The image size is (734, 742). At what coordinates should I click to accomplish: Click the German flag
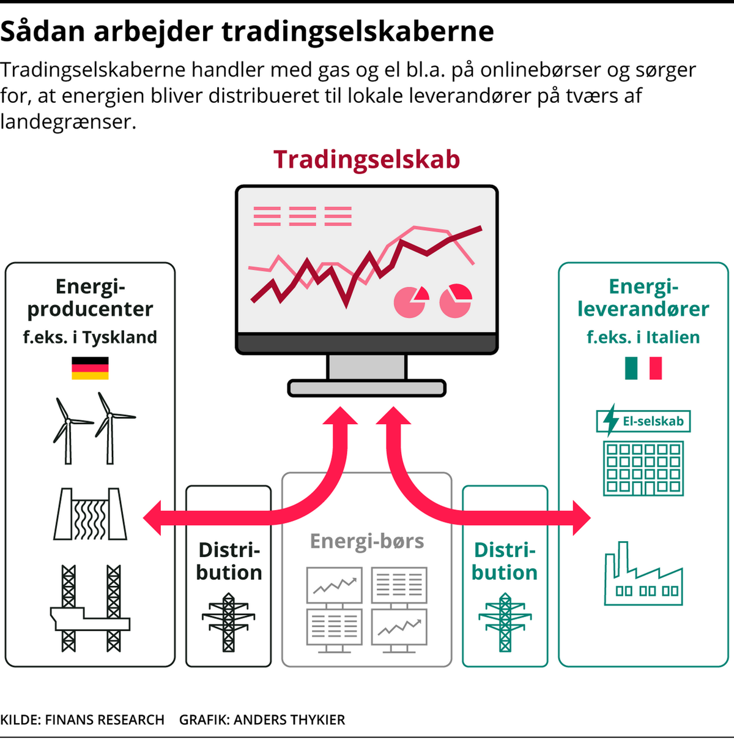pos(90,368)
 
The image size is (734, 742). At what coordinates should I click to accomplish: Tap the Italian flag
pos(643,368)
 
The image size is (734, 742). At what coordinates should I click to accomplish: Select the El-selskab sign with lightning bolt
pos(643,421)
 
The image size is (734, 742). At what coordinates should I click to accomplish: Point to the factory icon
pos(643,574)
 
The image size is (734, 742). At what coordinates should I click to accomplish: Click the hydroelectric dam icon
pos(90,514)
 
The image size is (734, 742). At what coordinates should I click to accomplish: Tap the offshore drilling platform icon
pos(90,609)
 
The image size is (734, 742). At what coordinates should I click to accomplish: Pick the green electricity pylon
pos(505,622)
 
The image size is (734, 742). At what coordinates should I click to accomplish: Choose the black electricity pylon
pos(228,622)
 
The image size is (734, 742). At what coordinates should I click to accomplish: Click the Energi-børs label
pos(367,541)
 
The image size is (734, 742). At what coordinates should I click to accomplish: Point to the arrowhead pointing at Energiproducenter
pos(152,518)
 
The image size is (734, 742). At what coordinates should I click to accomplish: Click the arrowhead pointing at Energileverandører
pos(582,518)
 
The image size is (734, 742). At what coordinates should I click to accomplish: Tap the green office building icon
pos(643,468)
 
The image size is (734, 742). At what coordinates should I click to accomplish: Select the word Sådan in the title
pos(43,32)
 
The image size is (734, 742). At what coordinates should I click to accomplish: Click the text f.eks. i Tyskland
pos(90,337)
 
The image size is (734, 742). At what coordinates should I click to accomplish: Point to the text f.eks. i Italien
pos(643,337)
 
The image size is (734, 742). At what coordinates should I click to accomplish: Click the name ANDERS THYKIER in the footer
pos(289,720)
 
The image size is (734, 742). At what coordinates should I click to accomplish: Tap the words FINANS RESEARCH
pos(105,720)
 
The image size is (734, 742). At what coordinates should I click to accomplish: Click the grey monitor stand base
pos(367,388)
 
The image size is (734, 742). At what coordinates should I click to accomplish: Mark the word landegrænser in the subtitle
pos(69,122)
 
